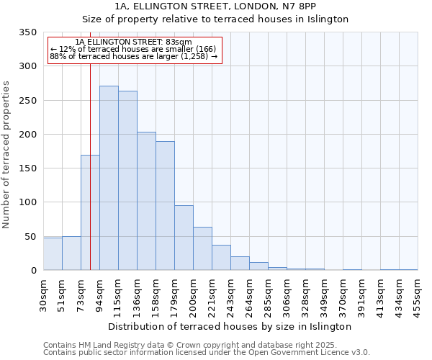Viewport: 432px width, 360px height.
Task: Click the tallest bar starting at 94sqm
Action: point(109,178)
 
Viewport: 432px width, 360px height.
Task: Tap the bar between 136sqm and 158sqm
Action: point(146,201)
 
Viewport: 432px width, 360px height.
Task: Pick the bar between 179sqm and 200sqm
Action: point(184,238)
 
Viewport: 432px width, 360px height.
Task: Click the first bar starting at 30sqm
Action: point(53,253)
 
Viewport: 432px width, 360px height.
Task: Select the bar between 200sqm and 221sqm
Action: point(202,248)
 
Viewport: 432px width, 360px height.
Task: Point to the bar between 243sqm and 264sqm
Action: point(240,264)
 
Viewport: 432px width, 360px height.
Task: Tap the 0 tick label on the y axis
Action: point(33,271)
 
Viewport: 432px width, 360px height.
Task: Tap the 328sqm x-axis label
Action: point(305,295)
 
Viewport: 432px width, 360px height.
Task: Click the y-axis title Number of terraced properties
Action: point(6,154)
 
